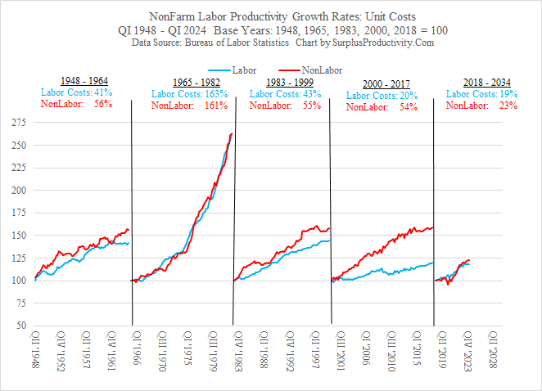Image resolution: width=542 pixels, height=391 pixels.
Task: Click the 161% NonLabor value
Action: click(x=216, y=106)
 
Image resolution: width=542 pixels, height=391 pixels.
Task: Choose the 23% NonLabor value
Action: click(x=508, y=105)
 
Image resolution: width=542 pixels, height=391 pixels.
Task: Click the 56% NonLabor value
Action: click(x=103, y=104)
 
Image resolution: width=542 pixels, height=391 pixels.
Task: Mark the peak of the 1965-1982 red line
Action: click(x=231, y=133)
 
